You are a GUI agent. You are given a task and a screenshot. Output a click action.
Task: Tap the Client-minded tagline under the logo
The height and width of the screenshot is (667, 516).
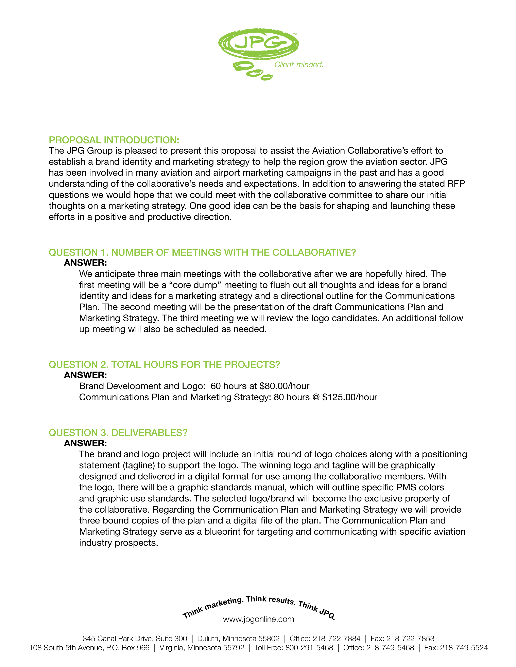(299, 65)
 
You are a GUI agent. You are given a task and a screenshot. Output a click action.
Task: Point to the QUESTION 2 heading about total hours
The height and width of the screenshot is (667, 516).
(165, 364)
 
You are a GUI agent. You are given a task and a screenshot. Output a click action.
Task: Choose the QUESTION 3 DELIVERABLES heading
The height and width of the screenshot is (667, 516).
(118, 433)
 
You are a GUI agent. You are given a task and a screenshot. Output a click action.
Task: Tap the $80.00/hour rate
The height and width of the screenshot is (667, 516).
(284, 386)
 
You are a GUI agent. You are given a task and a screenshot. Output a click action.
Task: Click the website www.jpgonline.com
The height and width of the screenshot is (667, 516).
(259, 619)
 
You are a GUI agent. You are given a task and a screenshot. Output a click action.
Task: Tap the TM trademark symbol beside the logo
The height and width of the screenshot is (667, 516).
(295, 35)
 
